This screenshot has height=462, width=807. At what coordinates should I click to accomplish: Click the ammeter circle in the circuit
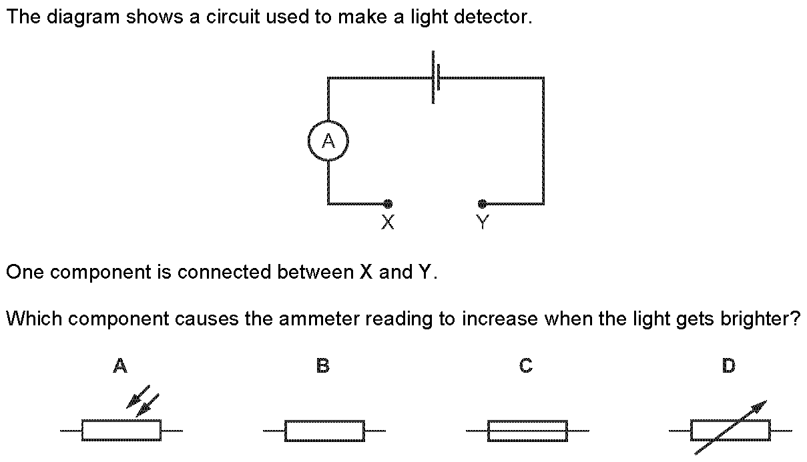(x=328, y=141)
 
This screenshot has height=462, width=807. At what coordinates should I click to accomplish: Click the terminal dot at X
(x=388, y=204)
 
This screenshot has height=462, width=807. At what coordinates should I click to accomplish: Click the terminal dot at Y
(x=482, y=204)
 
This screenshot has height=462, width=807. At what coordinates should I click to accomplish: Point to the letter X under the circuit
(x=387, y=223)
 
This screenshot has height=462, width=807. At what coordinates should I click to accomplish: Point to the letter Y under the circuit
(x=483, y=223)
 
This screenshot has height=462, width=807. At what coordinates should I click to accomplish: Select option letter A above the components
(x=120, y=366)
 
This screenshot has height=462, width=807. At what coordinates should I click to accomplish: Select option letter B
(x=323, y=366)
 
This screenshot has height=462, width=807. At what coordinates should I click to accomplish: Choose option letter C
(x=526, y=366)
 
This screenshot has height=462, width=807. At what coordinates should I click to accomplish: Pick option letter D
(x=729, y=366)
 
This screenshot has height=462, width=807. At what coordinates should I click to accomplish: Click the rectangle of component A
(x=121, y=431)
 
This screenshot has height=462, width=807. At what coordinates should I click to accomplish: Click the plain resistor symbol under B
(x=324, y=431)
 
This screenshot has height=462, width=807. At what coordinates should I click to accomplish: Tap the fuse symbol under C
(x=527, y=431)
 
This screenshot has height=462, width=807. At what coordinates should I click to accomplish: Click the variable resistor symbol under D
(x=730, y=431)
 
